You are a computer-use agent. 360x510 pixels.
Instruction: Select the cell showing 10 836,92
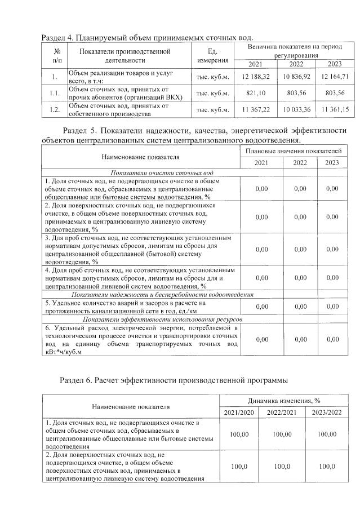(x=296, y=76)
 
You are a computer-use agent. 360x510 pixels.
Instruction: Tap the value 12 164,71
(x=334, y=76)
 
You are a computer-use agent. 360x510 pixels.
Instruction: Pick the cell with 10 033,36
(x=296, y=109)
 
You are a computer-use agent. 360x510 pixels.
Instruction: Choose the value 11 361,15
(x=334, y=109)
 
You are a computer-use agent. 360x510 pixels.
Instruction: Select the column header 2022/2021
(x=282, y=413)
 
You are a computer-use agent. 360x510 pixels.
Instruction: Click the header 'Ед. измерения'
(x=212, y=56)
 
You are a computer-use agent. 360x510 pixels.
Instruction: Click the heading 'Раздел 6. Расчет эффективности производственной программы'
(x=178, y=379)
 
